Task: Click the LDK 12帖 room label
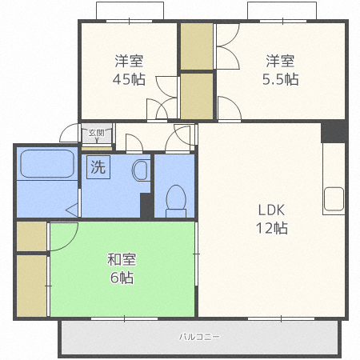pyautogui.click(x=272, y=219)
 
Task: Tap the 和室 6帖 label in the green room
pyautogui.click(x=122, y=268)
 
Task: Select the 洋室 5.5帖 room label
pyautogui.click(x=280, y=70)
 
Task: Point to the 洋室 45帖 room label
pyautogui.click(x=129, y=70)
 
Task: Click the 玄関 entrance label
pyautogui.click(x=96, y=133)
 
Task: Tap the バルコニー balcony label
pyautogui.click(x=199, y=337)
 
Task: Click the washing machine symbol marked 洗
pyautogui.click(x=98, y=167)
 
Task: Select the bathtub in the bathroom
pyautogui.click(x=47, y=164)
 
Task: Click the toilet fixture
pyautogui.click(x=176, y=201)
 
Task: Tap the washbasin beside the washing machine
pyautogui.click(x=140, y=170)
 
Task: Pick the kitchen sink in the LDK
pyautogui.click(x=334, y=199)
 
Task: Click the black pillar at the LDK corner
pyautogui.click(x=334, y=131)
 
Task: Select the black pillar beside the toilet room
pyautogui.click(x=146, y=206)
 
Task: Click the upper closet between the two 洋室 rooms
pyautogui.click(x=197, y=46)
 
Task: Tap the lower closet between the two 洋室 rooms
pyautogui.click(x=197, y=96)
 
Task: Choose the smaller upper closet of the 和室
pyautogui.click(x=31, y=236)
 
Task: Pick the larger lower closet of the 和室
pyautogui.click(x=31, y=286)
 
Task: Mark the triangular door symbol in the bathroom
pyautogui.click(x=72, y=210)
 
